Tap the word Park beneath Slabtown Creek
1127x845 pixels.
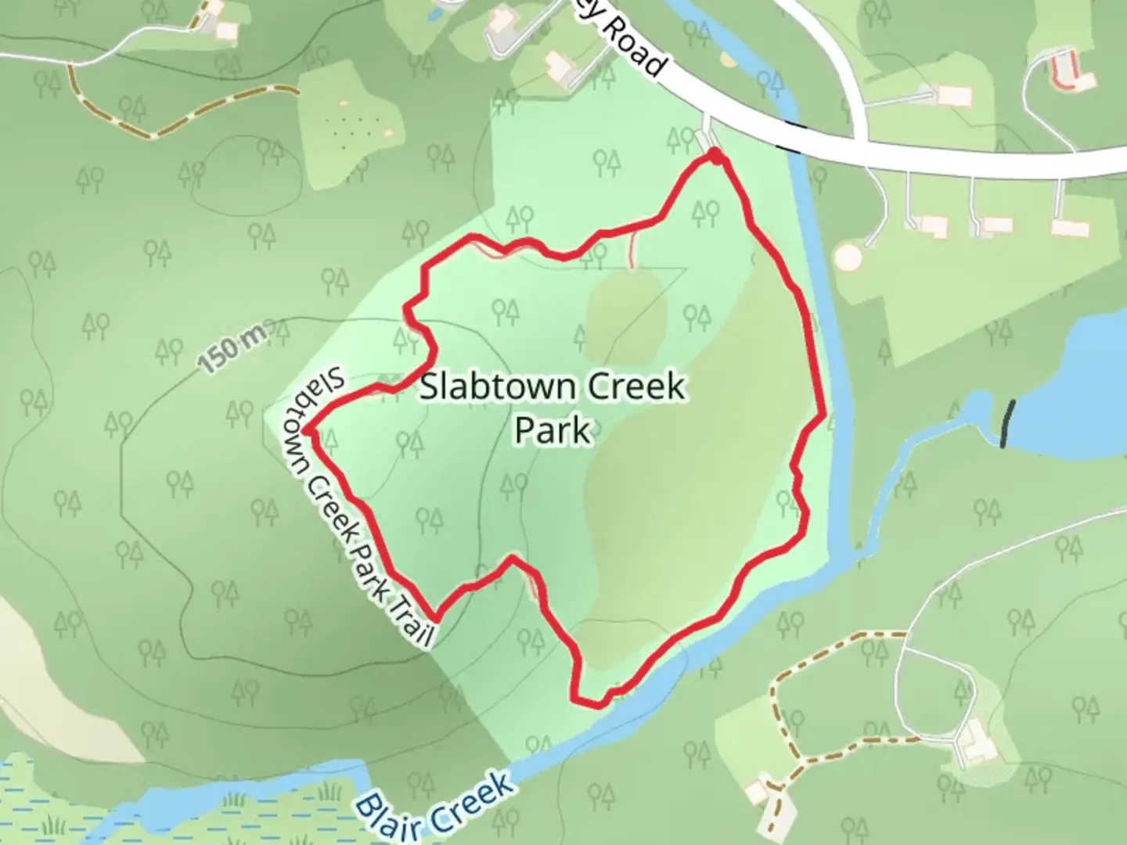point(552,430)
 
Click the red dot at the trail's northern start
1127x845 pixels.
point(715,156)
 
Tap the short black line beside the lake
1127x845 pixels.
point(1008,424)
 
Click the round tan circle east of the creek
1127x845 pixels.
point(847,257)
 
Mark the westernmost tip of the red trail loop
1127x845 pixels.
point(308,430)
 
